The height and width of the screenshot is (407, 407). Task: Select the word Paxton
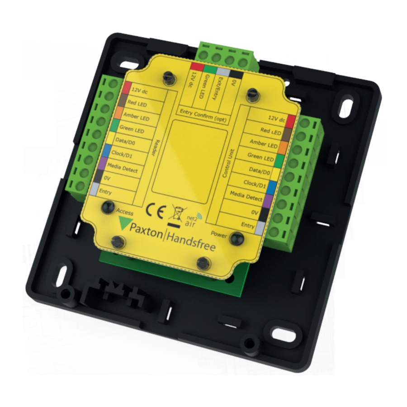click(146, 231)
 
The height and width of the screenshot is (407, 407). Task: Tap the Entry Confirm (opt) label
click(203, 116)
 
